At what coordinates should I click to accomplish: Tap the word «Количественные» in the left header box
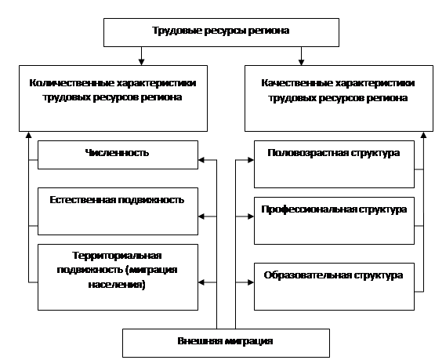coord(71,83)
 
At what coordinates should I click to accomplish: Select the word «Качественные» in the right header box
coord(296,83)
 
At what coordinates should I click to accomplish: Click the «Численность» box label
coord(117,153)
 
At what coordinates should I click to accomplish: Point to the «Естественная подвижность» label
coord(117,200)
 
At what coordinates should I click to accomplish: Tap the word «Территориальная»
coord(117,256)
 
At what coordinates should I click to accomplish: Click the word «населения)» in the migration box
coord(117,285)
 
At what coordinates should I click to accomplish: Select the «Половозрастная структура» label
coord(334,153)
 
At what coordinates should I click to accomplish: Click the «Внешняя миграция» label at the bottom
coord(225,341)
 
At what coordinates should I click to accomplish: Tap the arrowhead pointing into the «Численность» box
coord(201,160)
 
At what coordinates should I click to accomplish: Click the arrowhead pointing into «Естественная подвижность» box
coord(201,216)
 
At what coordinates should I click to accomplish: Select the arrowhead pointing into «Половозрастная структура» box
coord(251,160)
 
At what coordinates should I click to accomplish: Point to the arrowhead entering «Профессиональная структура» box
coord(251,216)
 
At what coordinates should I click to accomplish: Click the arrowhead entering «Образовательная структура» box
coord(251,282)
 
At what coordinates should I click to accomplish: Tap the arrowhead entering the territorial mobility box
coord(201,282)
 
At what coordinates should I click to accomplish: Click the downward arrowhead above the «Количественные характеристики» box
coord(142,62)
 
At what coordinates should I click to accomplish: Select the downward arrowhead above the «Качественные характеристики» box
coord(301,62)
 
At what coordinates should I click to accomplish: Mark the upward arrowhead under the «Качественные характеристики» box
coord(423,135)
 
